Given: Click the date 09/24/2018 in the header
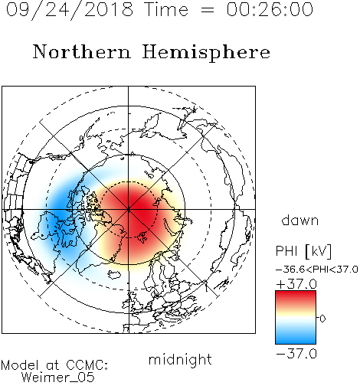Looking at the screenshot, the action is tap(70, 10).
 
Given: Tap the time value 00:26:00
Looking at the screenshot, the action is tap(270, 9).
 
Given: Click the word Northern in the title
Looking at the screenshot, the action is tap(82, 51).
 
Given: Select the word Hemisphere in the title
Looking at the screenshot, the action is tap(206, 53).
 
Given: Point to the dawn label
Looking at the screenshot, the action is tap(300, 221).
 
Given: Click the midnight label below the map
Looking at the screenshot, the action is tap(180, 360).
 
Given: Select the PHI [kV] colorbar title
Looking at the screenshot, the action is tap(303, 251).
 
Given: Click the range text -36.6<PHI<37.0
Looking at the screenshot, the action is tap(317, 270).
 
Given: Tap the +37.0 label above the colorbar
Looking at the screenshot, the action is tap(296, 284).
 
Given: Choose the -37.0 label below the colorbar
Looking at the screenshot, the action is tap(296, 354).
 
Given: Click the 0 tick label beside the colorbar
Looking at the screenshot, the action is tap(322, 319).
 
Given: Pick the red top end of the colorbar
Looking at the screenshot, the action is tap(296, 293).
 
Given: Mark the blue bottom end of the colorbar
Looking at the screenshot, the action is tap(296, 342).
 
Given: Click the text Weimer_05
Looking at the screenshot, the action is tap(58, 378).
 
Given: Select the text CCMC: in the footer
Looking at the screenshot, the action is tap(87, 365).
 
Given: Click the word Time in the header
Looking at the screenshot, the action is tap(166, 9).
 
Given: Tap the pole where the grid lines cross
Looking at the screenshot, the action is tap(129, 209).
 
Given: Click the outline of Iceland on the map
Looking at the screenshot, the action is tap(114, 275).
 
